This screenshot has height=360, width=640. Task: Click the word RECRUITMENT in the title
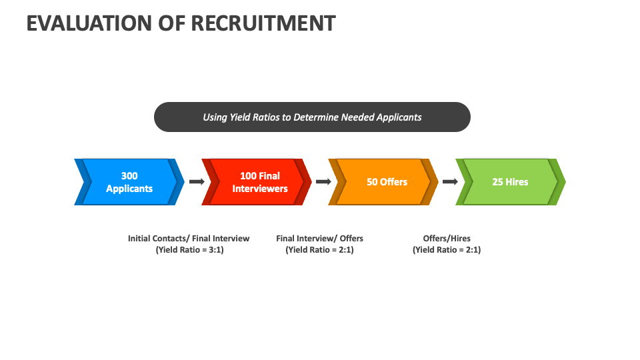pos(263,23)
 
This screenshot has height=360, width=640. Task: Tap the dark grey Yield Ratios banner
pos(312,117)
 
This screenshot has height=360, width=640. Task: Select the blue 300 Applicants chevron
pos(129,181)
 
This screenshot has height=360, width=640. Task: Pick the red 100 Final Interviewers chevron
pos(257,181)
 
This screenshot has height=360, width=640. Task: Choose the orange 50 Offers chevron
pos(384,181)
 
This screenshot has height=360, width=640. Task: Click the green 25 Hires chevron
pos(511,181)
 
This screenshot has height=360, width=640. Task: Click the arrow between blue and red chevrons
pos(196,181)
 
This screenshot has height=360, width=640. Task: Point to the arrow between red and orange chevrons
pos(323,181)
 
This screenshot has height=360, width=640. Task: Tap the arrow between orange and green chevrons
pos(450,181)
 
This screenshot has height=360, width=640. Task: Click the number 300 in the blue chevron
pos(129,175)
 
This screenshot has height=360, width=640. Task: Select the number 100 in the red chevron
pos(248,175)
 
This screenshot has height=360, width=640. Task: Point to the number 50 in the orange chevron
pos(373,181)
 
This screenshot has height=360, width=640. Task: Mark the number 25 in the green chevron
pos(498,181)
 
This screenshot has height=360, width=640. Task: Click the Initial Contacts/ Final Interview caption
pos(189,238)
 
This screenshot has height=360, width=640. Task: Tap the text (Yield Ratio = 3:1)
pos(189,250)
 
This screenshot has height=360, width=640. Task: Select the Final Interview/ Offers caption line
pos(319,238)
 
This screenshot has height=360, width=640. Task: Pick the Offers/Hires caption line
pos(447,238)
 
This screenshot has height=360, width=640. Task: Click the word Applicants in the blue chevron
pos(129,189)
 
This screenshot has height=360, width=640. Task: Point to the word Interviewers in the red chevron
pos(260,189)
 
